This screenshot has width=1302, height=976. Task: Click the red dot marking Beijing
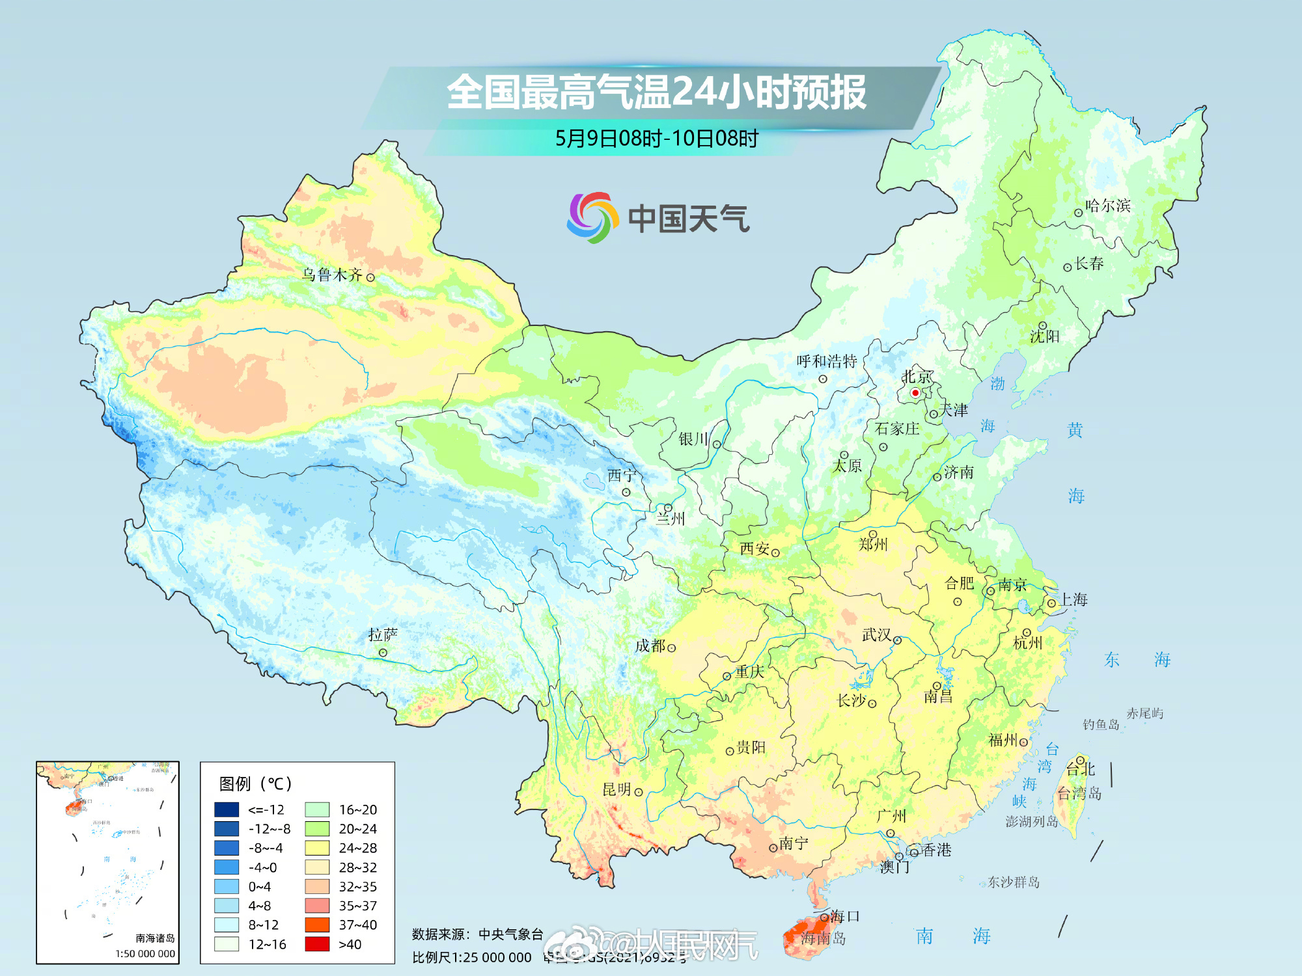(x=915, y=392)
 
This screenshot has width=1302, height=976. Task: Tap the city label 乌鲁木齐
(x=332, y=275)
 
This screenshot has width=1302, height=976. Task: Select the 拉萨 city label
(x=383, y=634)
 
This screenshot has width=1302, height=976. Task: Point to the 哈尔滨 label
(x=1108, y=206)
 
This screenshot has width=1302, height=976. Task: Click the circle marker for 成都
(x=671, y=648)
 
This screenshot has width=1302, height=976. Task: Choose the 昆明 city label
(x=616, y=789)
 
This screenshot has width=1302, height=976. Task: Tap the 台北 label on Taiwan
(x=1081, y=770)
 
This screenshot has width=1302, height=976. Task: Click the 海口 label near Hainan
(x=845, y=916)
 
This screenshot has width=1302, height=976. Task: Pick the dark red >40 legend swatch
(x=317, y=944)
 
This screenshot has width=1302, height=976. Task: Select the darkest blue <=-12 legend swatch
(x=227, y=809)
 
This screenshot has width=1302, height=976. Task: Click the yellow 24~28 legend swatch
(x=317, y=848)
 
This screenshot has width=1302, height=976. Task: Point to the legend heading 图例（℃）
(x=255, y=783)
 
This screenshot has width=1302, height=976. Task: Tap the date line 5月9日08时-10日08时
(x=656, y=139)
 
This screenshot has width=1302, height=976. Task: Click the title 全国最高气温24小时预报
(x=656, y=92)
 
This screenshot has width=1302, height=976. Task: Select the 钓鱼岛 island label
(x=1101, y=725)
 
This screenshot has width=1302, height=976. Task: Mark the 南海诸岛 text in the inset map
(x=155, y=938)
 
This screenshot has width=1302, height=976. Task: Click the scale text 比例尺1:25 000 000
(x=471, y=958)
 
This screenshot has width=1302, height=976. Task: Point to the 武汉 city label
(x=876, y=634)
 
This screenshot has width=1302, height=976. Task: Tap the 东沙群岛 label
(x=1014, y=882)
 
